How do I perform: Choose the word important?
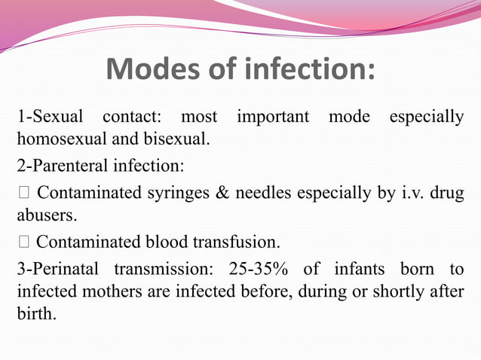(273, 117)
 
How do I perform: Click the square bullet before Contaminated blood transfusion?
(23, 243)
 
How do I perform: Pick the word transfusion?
(243, 243)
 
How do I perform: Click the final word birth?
(35, 313)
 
